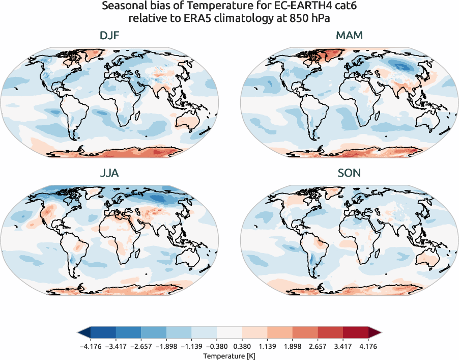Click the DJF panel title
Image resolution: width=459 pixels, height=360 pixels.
tap(109, 36)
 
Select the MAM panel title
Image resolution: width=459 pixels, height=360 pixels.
tap(349, 36)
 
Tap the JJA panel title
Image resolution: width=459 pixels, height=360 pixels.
tap(109, 173)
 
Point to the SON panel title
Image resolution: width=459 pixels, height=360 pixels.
tap(349, 173)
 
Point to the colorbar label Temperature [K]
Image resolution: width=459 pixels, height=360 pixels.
tap(230, 355)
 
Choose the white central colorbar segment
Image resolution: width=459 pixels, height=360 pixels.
tap(230, 333)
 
